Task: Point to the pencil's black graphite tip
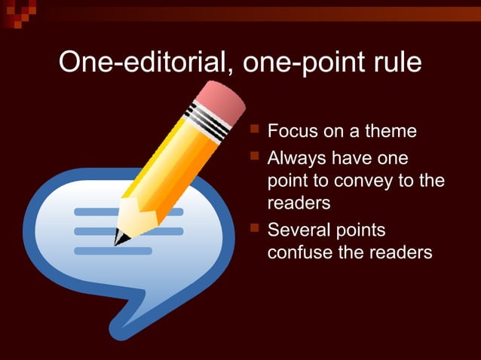[x=118, y=239]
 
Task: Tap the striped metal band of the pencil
[x=206, y=121]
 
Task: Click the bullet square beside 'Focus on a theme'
[x=255, y=130]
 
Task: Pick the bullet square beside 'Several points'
[x=255, y=227]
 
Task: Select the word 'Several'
[x=298, y=229]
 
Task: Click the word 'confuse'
[x=300, y=252]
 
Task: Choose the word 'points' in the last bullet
[x=360, y=229]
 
